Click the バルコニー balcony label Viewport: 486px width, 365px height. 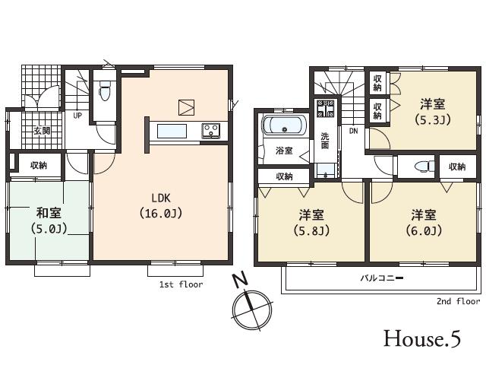tap(381, 278)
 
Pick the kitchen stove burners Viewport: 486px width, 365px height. tap(210, 132)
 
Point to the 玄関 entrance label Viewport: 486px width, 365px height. tap(41, 130)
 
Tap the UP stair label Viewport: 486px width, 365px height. tap(77, 116)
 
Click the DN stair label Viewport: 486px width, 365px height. tap(353, 131)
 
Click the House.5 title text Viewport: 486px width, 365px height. tap(421, 338)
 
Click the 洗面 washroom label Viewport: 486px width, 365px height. tap(324, 140)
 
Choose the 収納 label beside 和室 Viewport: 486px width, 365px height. tap(39, 165)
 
